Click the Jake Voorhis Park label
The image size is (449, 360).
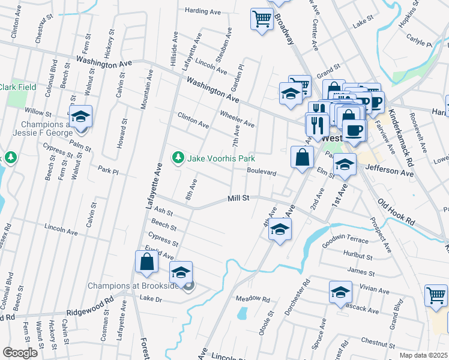point(221,158)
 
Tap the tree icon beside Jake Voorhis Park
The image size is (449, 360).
point(178,158)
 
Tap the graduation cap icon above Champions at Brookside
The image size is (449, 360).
point(181,273)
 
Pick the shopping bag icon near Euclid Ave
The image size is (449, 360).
point(146,262)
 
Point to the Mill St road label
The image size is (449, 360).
point(238,199)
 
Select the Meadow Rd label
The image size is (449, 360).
point(253,298)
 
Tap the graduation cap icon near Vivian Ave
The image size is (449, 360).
point(340,292)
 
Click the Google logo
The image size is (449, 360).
point(20,353)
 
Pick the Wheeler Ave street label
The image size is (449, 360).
point(237,119)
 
